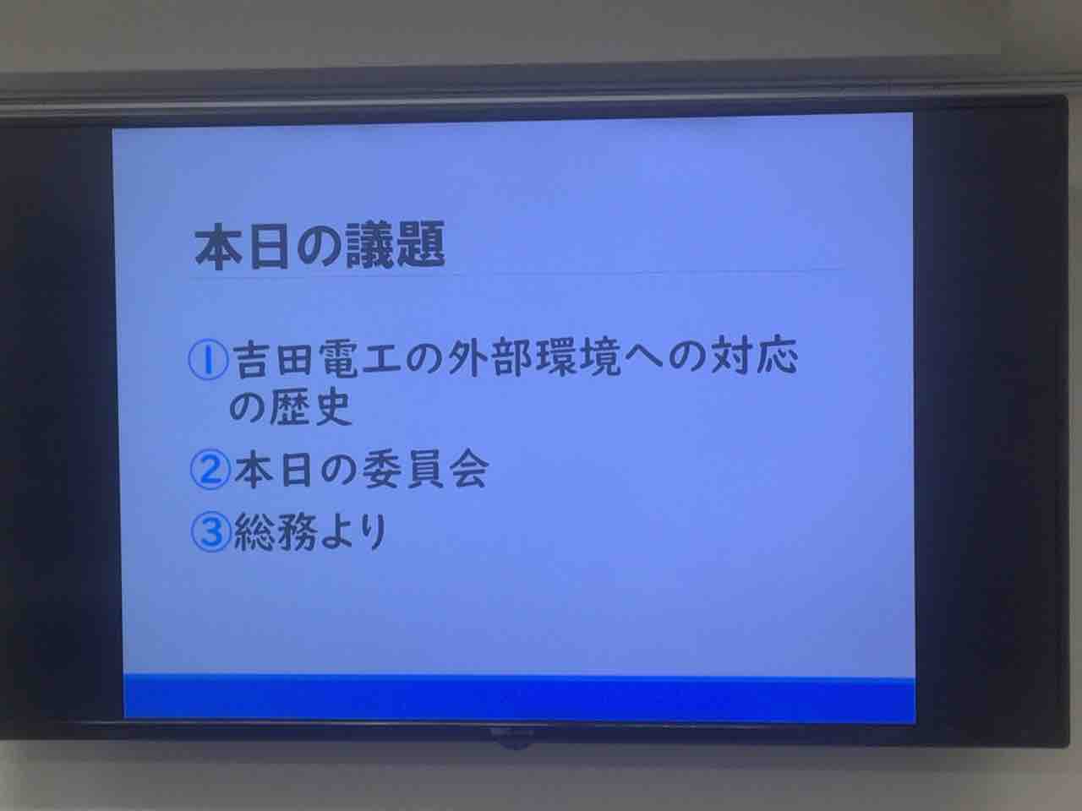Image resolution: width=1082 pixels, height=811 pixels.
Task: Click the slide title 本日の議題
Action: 320,245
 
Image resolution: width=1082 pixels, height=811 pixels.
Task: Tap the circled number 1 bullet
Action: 209,360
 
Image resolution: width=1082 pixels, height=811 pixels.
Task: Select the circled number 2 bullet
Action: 210,470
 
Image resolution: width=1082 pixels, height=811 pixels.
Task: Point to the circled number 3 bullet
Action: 211,532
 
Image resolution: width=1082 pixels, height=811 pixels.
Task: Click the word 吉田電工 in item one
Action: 315,360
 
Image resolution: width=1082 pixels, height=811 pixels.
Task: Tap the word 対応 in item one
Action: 754,355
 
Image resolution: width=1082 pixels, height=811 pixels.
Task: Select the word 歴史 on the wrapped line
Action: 310,408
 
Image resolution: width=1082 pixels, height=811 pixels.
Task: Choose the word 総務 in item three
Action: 275,532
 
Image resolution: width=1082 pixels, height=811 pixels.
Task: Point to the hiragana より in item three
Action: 353,532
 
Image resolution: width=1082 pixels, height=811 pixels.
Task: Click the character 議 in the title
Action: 369,245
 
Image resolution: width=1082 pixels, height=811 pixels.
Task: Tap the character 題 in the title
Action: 421,244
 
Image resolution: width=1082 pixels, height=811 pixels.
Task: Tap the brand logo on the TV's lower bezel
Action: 512,732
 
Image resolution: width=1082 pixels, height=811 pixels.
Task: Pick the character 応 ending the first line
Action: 778,354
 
